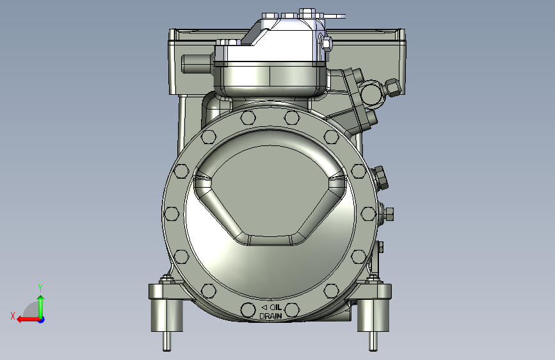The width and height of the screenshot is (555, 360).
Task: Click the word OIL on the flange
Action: pyautogui.click(x=276, y=307)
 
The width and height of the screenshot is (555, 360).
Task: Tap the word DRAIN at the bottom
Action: pyautogui.click(x=271, y=316)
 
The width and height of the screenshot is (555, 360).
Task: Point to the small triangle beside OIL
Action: pyautogui.click(x=264, y=307)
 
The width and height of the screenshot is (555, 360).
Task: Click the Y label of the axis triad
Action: pyautogui.click(x=40, y=288)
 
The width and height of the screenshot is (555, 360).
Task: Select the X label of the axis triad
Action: pyautogui.click(x=13, y=316)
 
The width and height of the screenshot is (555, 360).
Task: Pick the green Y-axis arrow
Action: pyautogui.click(x=41, y=306)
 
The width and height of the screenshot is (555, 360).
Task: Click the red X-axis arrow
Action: pyautogui.click(x=29, y=320)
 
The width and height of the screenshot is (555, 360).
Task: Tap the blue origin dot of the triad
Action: pyautogui.click(x=42, y=320)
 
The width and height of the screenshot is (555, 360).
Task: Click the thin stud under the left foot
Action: pyautogui.click(x=166, y=341)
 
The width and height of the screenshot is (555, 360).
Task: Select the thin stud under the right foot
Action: pyautogui.click(x=373, y=341)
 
